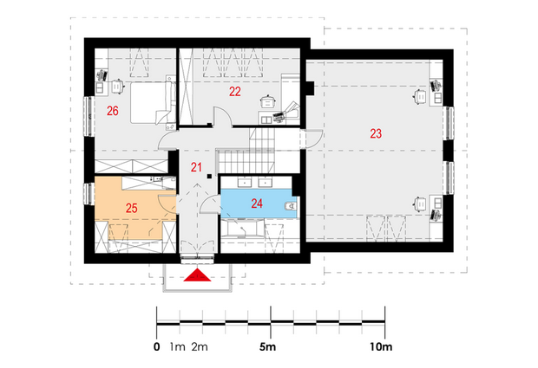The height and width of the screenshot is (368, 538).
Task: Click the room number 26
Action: click(113, 111)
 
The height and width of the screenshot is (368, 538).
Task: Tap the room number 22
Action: click(235, 92)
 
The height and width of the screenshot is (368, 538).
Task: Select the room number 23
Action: click(376, 133)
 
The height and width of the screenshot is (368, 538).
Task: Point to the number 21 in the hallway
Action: click(196, 167)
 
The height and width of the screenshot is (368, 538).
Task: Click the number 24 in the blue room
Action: click(257, 203)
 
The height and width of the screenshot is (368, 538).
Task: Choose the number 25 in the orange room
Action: click(132, 208)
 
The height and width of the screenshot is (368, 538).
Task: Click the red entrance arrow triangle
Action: click(197, 274)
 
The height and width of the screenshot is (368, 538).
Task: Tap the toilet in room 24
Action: click(291, 206)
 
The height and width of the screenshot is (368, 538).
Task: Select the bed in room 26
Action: click(151, 102)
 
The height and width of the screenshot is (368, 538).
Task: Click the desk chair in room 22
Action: click(268, 101)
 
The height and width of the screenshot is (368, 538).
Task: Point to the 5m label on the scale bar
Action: click(267, 346)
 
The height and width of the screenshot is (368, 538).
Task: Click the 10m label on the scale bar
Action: click(381, 346)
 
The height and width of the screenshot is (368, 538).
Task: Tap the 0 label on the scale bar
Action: click(157, 346)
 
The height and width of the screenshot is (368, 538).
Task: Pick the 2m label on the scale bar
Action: click(200, 346)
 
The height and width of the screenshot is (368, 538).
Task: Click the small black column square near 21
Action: click(208, 177)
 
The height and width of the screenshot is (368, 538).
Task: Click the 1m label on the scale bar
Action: click(177, 346)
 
